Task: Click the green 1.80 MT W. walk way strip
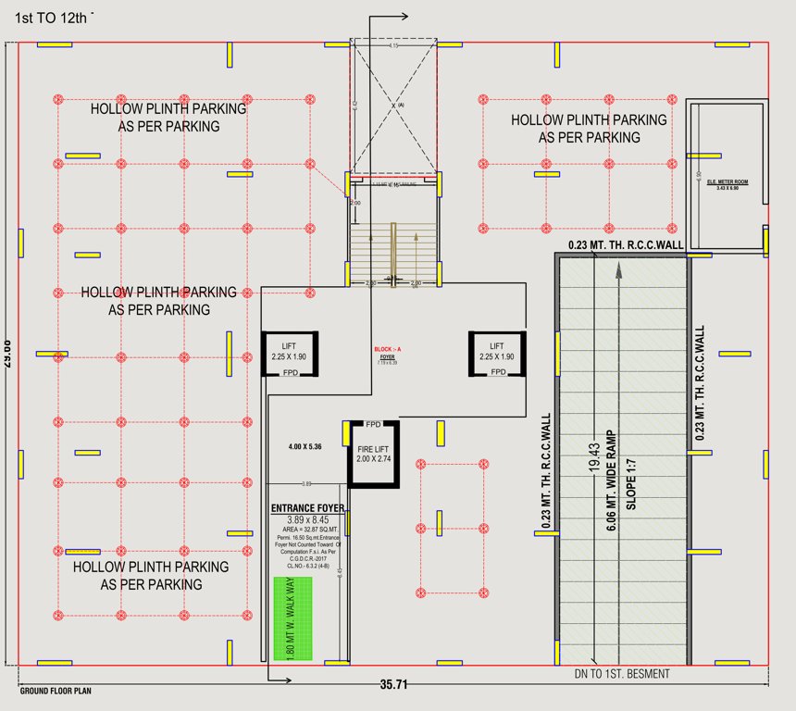(292, 618)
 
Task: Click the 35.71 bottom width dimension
(392, 686)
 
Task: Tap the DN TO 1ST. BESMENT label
(621, 674)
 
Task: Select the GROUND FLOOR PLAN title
(56, 691)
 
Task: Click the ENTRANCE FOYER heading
(308, 508)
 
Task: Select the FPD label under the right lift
(498, 372)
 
